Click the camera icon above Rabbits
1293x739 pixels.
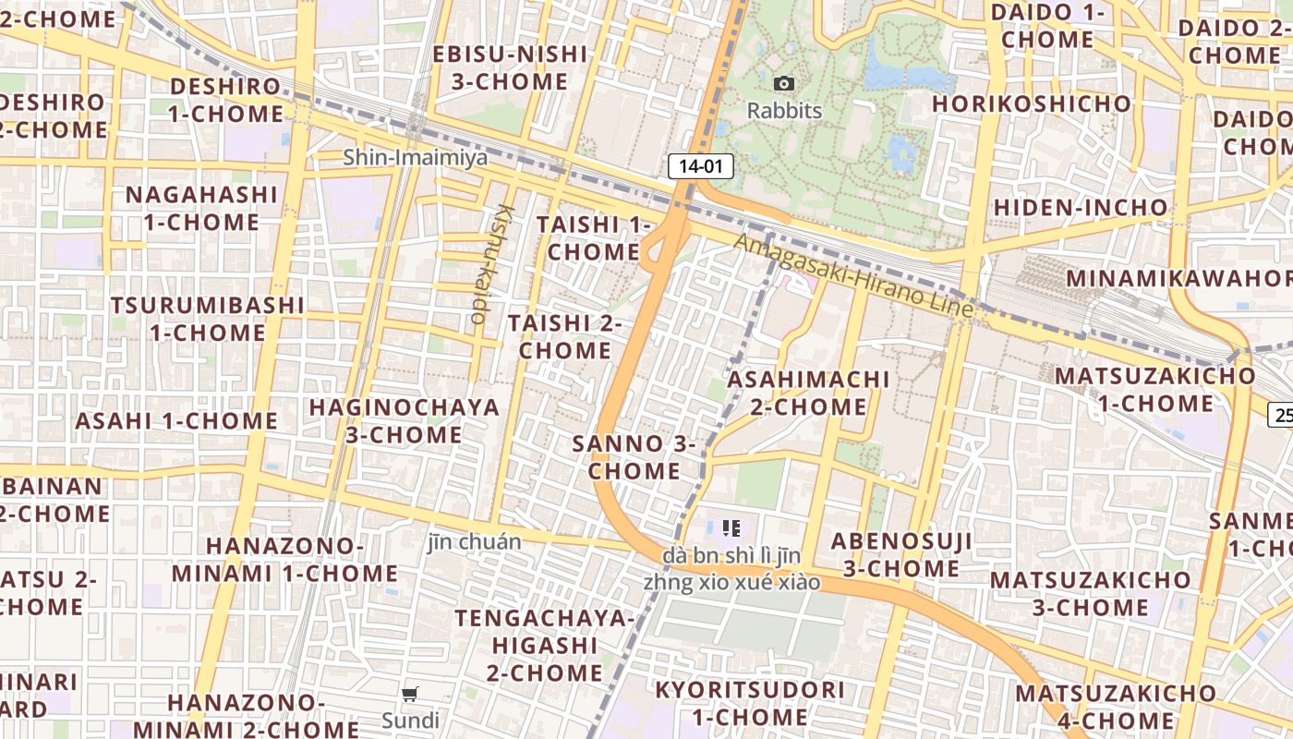click(784, 84)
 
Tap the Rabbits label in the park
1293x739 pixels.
click(784, 111)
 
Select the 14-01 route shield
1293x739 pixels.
click(700, 166)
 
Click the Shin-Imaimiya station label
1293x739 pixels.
click(415, 158)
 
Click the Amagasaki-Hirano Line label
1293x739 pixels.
click(854, 275)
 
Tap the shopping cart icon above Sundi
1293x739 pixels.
click(410, 694)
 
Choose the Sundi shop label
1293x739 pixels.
click(410, 720)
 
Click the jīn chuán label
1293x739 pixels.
click(474, 541)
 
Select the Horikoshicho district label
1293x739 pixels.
click(1031, 103)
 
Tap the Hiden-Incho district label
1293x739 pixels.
click(1081, 207)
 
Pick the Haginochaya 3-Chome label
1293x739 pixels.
click(404, 420)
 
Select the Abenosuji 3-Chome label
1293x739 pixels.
click(900, 554)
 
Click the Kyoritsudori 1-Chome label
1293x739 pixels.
click(750, 703)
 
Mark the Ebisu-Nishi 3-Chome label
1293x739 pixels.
click(510, 67)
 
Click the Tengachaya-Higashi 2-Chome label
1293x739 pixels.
click(544, 645)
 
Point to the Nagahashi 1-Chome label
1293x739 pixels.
click(201, 208)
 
